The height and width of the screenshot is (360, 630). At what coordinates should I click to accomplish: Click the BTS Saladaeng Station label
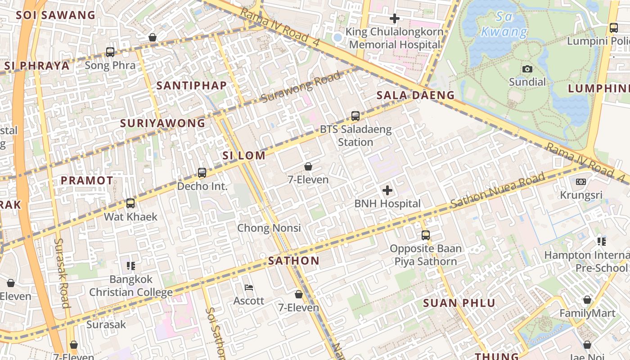pos(355,136)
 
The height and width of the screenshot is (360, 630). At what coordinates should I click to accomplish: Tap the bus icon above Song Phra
pos(110,52)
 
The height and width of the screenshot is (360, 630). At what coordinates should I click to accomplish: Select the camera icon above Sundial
pos(527,69)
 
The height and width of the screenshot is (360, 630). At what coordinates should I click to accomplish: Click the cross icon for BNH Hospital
pos(387,190)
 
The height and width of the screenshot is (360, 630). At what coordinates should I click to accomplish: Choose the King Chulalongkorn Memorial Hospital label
pos(395,38)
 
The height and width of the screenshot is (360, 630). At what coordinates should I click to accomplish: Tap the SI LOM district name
pos(244,156)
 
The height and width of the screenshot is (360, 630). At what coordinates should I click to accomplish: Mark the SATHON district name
pos(294,261)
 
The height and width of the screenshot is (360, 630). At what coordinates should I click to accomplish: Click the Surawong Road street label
pos(301,86)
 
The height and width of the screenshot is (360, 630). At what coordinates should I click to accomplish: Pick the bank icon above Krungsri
pos(581,182)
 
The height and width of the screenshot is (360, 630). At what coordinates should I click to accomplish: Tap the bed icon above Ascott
pos(248,288)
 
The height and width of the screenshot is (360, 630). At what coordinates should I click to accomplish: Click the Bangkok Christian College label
pos(131,286)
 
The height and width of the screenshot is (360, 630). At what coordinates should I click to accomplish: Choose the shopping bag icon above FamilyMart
pos(587,300)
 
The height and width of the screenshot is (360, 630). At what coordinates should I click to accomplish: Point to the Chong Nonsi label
pos(269,228)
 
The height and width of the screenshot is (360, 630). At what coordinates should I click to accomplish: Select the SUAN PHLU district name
pos(459,303)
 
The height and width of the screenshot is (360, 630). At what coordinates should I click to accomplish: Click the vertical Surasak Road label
pos(62,273)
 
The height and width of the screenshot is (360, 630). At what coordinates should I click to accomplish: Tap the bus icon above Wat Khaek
pos(130,203)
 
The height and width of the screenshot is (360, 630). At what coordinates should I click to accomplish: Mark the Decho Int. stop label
pos(202,186)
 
